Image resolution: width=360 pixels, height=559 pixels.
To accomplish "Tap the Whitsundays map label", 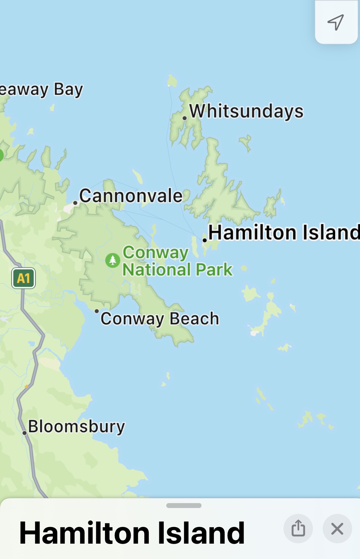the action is pyautogui.click(x=246, y=111).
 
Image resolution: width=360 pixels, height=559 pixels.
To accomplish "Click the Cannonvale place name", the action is pyautogui.click(x=131, y=196).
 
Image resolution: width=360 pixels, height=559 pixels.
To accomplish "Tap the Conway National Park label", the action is pyautogui.click(x=177, y=261).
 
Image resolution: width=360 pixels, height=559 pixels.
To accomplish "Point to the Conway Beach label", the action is pyautogui.click(x=160, y=319).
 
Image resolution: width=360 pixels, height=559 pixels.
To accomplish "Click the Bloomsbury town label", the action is pyautogui.click(x=77, y=427).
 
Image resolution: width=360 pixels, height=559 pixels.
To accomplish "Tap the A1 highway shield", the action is pyautogui.click(x=23, y=278).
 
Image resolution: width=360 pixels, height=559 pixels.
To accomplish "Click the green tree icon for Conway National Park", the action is pyautogui.click(x=112, y=261).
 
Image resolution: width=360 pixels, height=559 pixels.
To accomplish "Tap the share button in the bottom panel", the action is pyautogui.click(x=298, y=529).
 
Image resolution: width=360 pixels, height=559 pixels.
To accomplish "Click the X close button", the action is pyautogui.click(x=337, y=529).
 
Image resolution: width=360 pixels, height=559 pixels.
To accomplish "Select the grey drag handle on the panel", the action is pyautogui.click(x=183, y=505).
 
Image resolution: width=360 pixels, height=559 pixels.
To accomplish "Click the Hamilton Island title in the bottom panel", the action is pyautogui.click(x=132, y=533).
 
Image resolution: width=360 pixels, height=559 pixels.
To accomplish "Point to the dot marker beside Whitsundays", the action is pyautogui.click(x=185, y=118).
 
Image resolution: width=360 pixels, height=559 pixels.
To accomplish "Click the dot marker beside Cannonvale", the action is pyautogui.click(x=75, y=203).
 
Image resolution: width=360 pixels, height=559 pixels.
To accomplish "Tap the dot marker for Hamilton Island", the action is pyautogui.click(x=205, y=240).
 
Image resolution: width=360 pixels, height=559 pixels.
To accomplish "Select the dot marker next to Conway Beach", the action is pyautogui.click(x=96, y=311).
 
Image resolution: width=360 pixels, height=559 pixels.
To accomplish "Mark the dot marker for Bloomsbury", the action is pyautogui.click(x=25, y=433).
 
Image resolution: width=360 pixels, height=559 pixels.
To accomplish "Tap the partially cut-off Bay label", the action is pyautogui.click(x=42, y=90).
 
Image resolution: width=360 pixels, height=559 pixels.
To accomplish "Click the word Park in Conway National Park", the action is pyautogui.click(x=214, y=270).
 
